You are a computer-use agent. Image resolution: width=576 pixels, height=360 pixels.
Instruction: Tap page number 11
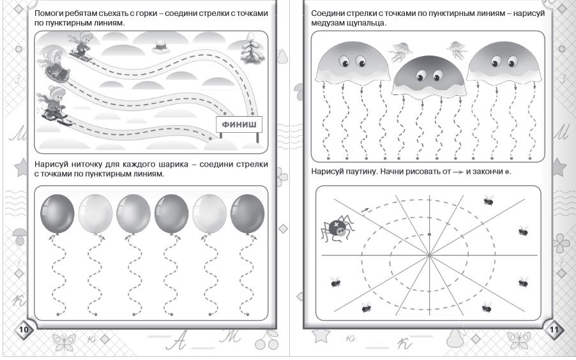[553, 329]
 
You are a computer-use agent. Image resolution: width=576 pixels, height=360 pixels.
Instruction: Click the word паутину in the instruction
[367, 172]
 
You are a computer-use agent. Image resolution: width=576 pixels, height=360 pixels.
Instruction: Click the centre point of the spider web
[429, 255]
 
